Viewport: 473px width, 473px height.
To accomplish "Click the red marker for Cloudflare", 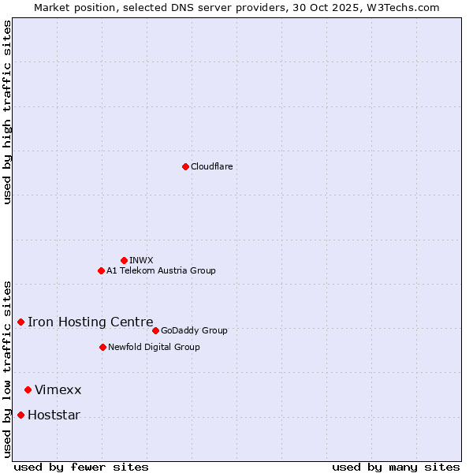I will pos(185,166).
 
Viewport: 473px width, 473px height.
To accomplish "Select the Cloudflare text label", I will pos(212,166).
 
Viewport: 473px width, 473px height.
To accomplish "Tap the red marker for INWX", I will pos(124,260).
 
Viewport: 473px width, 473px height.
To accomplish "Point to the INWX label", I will pos(141,260).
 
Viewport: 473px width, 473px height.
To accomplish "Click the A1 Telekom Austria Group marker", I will pos(101,270).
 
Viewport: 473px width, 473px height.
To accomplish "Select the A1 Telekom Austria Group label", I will pos(161,270).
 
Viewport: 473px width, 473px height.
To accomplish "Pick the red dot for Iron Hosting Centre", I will pos(20,322).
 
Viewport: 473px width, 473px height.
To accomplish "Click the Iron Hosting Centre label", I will pos(91,322).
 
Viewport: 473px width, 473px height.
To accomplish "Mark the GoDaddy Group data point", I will pos(155,330).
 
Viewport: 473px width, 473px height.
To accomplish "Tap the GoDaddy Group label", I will pos(194,330).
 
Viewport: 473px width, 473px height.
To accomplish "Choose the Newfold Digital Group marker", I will pos(102,347).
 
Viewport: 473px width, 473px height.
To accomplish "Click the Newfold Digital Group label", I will pos(154,347).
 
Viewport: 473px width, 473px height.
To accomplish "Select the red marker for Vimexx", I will pos(28,389).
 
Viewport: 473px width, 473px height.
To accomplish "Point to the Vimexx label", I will pos(58,390).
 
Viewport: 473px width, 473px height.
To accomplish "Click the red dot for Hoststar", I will pos(20,415).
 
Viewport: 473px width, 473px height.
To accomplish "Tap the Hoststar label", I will pos(54,415).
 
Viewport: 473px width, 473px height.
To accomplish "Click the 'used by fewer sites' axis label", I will pos(81,467).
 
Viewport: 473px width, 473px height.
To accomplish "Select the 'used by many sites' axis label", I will pos(396,467).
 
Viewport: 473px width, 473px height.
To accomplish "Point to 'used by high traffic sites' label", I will pos(7,112).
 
